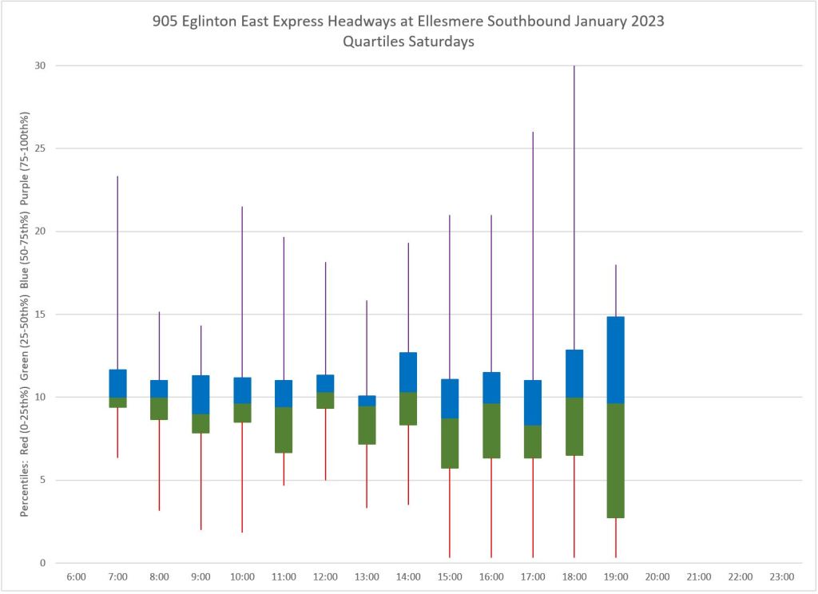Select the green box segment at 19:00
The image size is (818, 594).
616,461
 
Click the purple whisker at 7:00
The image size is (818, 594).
117,272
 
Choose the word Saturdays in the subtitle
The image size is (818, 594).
443,42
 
